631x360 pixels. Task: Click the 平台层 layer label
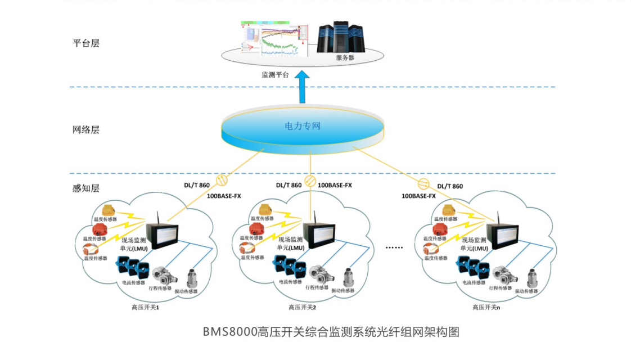[x=86, y=43]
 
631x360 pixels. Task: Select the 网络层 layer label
[x=86, y=129]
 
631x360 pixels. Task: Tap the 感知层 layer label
[x=86, y=188]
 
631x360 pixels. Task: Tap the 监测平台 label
[x=275, y=74]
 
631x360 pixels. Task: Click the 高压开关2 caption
[x=303, y=307]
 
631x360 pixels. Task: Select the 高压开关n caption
[x=486, y=307]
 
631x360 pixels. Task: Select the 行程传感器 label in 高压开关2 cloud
[x=316, y=287]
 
